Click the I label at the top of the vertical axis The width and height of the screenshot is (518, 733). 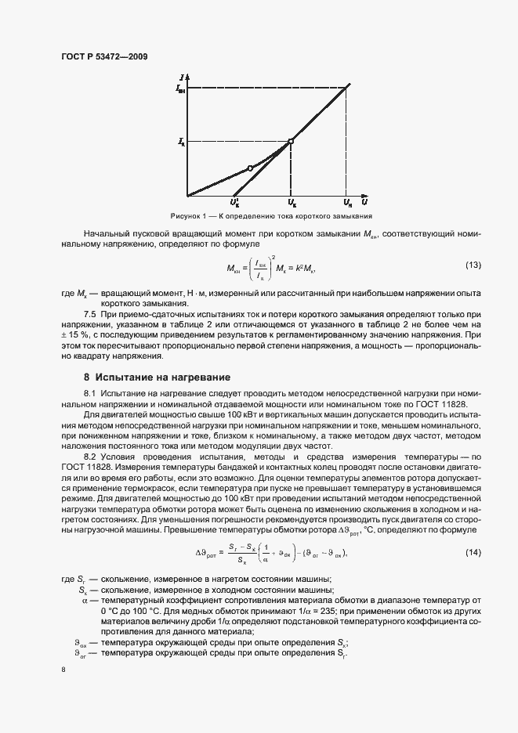coord(181,77)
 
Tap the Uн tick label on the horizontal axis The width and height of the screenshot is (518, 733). coord(348,203)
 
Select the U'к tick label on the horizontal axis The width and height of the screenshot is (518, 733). coord(235,203)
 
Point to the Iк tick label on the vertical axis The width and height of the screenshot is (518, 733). coord(182,142)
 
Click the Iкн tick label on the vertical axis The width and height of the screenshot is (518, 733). coord(181,90)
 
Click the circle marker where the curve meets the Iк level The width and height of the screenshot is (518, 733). coord(291,142)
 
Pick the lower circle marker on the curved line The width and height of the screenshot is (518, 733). coord(250,168)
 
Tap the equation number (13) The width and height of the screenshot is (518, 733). coord(473,265)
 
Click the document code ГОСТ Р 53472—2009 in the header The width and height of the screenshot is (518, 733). coord(103,56)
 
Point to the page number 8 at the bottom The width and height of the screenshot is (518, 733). coord(63,670)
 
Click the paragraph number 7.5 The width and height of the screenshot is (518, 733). coord(90,312)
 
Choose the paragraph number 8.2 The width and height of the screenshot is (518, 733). coord(90,454)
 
